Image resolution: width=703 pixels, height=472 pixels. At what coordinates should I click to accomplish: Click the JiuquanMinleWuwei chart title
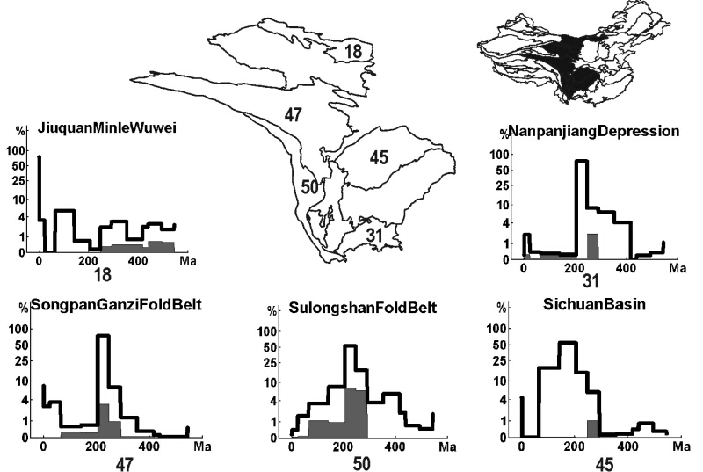(107, 128)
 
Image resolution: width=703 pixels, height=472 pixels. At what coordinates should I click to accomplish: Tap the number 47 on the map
(293, 114)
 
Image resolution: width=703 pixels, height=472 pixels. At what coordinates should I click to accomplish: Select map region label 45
(379, 158)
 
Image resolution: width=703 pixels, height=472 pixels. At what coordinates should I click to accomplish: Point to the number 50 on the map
(309, 187)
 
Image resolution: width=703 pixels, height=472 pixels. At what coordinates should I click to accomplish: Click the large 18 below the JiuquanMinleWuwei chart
(104, 275)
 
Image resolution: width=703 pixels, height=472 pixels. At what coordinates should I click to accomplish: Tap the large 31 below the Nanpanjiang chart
(591, 281)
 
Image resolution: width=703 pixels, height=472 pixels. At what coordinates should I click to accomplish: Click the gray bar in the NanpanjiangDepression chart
(592, 246)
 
